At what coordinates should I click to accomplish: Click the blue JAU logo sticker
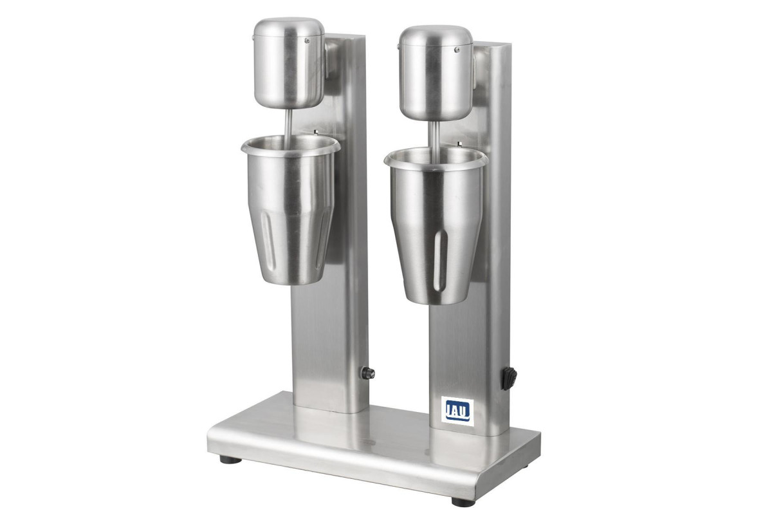[x=457, y=411]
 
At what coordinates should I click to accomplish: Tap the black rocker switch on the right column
[x=510, y=379]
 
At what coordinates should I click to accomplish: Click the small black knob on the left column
[x=368, y=373]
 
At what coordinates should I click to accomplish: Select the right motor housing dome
[x=436, y=73]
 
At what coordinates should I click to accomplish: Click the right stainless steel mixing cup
[x=436, y=226]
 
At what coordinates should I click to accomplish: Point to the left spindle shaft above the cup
[x=288, y=126]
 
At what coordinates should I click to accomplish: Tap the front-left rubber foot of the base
[x=230, y=460]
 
